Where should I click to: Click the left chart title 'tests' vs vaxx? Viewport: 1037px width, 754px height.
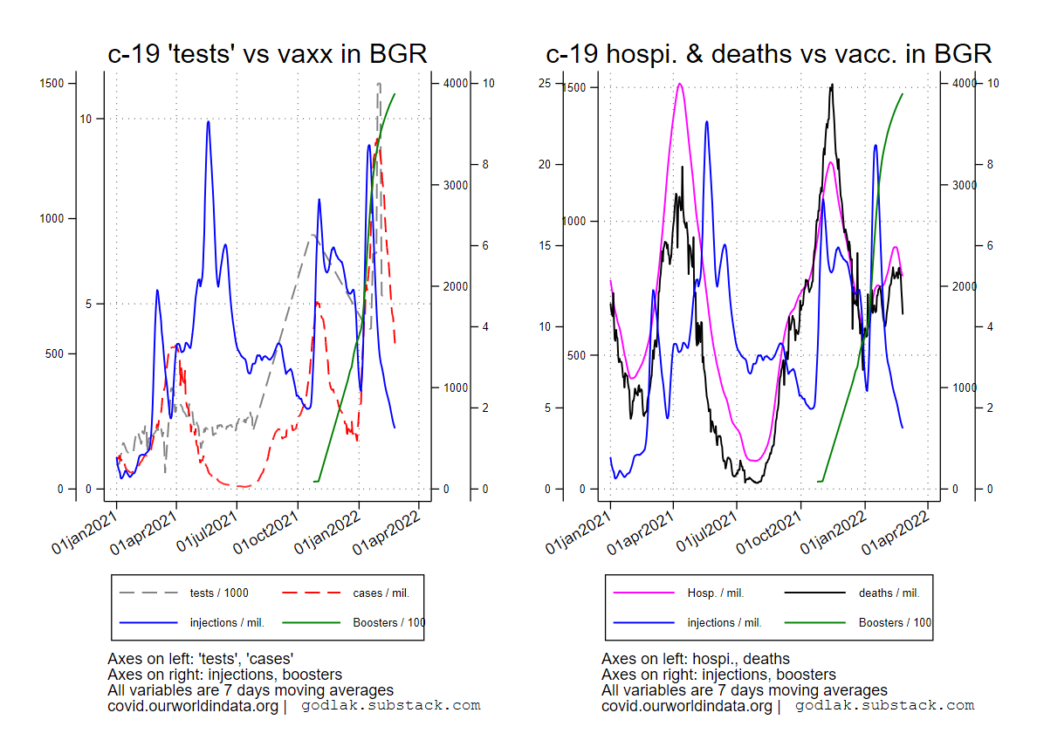point(267,54)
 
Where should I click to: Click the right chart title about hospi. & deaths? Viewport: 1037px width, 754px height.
point(769,54)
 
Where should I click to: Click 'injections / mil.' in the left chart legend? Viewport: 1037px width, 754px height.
point(227,623)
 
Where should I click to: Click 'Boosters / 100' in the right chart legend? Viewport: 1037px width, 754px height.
point(895,623)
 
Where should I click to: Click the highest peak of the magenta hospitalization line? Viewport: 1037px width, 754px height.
point(680,84)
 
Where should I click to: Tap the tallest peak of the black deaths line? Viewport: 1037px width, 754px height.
point(832,85)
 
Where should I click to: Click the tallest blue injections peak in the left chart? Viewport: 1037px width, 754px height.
point(208,121)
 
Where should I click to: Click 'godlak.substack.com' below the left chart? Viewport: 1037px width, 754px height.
point(391,706)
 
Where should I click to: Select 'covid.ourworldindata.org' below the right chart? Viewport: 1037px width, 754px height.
point(686,706)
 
